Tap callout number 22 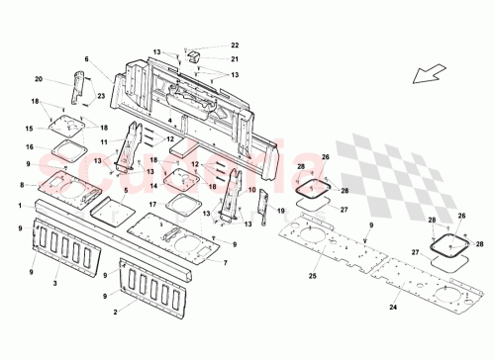235,45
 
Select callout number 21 235,58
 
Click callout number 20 39,79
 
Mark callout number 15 31,129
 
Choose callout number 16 31,146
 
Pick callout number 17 152,205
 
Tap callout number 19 281,211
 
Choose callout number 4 169,121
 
